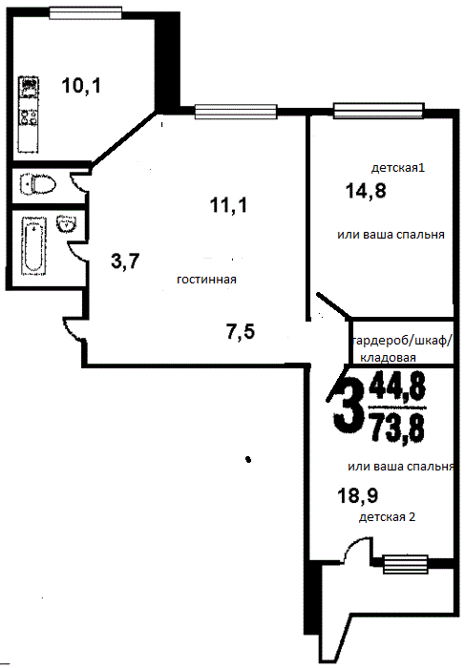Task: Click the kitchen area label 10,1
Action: click(x=81, y=86)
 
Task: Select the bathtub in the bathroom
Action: click(x=33, y=246)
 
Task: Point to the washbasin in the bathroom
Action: click(x=66, y=223)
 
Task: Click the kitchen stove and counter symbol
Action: click(x=29, y=115)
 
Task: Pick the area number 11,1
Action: click(x=228, y=205)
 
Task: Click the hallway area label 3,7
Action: click(x=125, y=261)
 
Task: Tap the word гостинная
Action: click(x=206, y=280)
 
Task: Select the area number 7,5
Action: click(x=241, y=331)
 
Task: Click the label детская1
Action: click(x=398, y=167)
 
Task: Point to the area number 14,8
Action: click(x=366, y=191)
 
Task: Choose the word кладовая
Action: click(x=388, y=358)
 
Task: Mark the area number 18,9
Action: click(x=358, y=495)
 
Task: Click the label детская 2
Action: click(x=387, y=517)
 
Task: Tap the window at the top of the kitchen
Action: click(x=86, y=12)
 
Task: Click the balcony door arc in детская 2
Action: click(x=353, y=549)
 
